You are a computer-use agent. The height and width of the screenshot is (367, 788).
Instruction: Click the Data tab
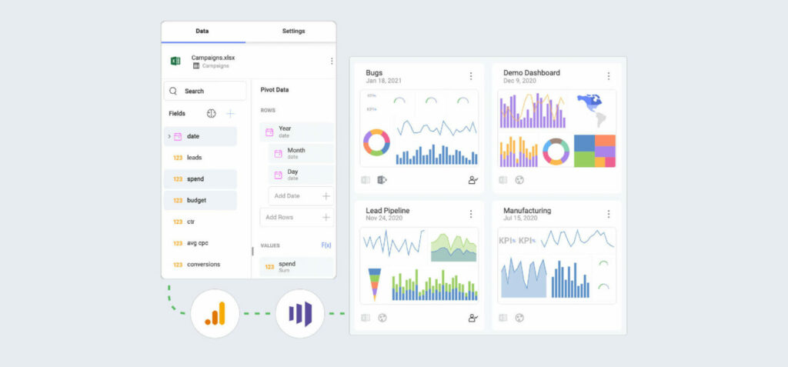click(202, 32)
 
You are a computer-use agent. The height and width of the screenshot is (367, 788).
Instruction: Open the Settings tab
click(293, 32)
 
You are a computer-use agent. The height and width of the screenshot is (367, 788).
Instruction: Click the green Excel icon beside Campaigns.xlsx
click(175, 61)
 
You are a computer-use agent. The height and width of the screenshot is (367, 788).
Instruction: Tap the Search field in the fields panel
click(205, 91)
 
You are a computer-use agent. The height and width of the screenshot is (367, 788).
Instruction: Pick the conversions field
click(203, 265)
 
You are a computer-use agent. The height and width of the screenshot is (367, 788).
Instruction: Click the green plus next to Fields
click(230, 113)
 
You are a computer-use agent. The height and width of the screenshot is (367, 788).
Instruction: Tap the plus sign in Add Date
click(326, 196)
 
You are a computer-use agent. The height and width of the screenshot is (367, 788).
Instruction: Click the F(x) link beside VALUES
click(326, 245)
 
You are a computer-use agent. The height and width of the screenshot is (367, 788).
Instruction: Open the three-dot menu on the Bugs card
click(471, 76)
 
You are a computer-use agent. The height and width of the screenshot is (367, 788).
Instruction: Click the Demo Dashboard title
click(531, 73)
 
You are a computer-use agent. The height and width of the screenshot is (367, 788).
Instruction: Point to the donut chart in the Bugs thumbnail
click(376, 142)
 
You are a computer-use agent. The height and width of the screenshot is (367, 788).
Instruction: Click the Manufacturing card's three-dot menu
click(608, 214)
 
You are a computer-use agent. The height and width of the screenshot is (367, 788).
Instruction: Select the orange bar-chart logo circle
click(215, 313)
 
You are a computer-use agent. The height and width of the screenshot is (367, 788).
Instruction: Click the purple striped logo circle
click(299, 313)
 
